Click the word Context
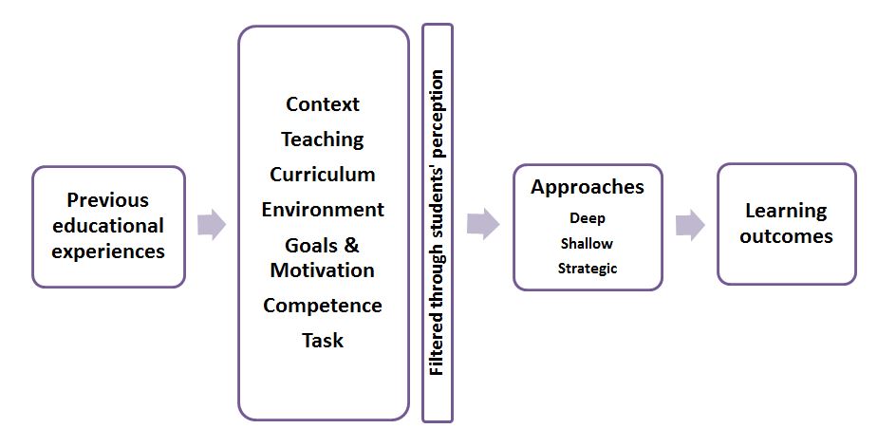pos(323,103)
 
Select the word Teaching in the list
pos(323,140)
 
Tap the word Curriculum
pos(323,175)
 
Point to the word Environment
pos(323,209)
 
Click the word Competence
pos(323,306)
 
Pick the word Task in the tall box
pos(323,340)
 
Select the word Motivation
pos(323,270)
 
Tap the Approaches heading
pos(588,187)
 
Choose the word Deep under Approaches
pos(588,218)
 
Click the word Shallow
pos(588,243)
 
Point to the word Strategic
pos(588,268)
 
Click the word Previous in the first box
pos(108,200)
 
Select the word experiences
pos(108,251)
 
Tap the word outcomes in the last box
pos(786,236)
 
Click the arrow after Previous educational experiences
pos(212,225)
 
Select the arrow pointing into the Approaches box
pos(483,225)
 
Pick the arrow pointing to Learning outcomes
pos(690,225)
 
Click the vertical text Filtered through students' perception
pos(437,222)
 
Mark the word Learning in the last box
pos(786,211)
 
